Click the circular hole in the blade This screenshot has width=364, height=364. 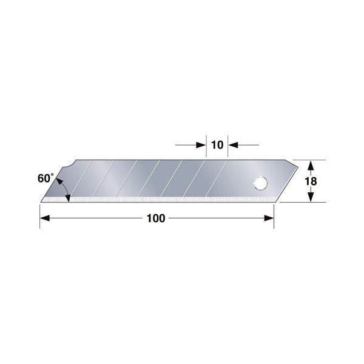[260, 183]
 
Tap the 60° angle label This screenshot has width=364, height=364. [45, 178]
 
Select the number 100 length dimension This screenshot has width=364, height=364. [156, 218]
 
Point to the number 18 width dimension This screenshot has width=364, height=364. [311, 181]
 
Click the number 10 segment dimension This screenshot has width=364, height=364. [217, 145]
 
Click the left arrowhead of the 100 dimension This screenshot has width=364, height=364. [45, 218]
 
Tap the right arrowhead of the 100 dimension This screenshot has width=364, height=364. [269, 218]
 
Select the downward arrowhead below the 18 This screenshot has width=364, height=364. [311, 197]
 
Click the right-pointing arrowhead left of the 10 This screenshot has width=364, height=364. [201, 145]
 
